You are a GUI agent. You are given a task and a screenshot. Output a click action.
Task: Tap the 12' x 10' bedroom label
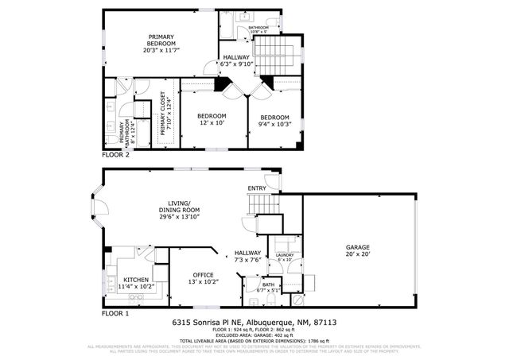coord(212,119)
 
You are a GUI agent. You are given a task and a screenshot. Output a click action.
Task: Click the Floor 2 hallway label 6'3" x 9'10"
coord(236,61)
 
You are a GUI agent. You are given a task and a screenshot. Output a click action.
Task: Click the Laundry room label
coord(284,257)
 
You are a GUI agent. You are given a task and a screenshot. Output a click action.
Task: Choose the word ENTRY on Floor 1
coord(257,188)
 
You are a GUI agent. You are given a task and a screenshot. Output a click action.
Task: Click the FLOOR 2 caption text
coord(115,154)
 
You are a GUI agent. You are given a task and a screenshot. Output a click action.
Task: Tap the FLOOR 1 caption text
coord(115,314)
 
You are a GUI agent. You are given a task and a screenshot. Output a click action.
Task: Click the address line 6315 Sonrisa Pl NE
coord(254,323)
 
